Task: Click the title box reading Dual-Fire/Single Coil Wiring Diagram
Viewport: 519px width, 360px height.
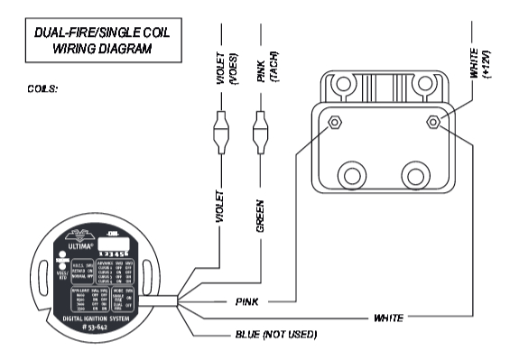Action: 101,41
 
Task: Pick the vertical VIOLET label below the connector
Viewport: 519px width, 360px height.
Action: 219,208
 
